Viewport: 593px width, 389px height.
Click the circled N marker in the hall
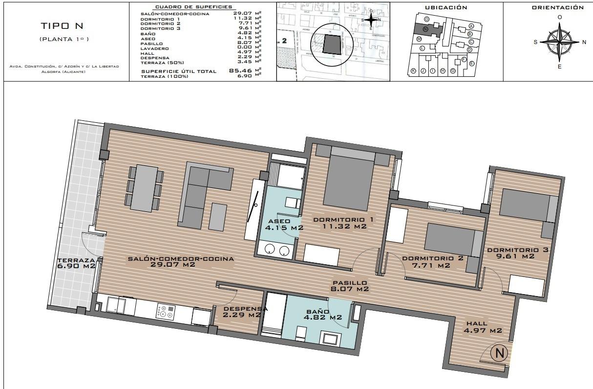point(499,353)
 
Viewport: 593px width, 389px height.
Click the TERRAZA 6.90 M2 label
point(76,263)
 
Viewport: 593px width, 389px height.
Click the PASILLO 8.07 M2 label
point(350,286)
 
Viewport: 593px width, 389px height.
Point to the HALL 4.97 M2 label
point(483,327)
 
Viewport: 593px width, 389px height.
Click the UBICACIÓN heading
point(446,7)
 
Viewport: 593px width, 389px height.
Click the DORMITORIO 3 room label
point(517,253)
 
